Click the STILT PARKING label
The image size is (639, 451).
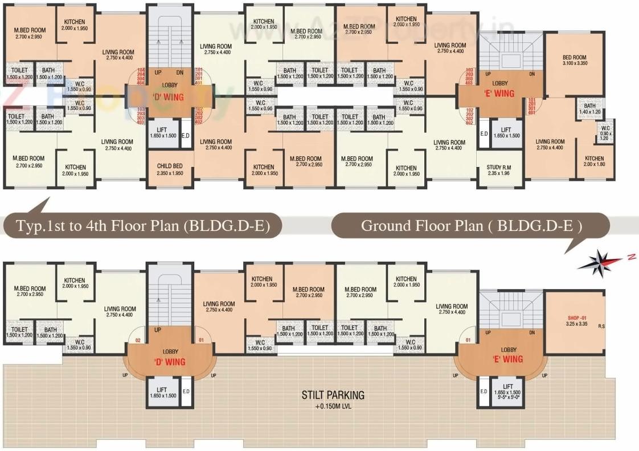333,395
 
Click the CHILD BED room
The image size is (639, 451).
170,169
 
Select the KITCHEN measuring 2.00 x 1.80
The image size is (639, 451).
594,161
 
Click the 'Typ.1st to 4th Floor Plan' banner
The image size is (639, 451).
142,226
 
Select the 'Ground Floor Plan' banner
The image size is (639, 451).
471,225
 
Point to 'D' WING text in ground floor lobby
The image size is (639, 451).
170,361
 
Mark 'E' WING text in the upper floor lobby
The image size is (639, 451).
503,93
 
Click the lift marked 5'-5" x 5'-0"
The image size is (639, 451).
507,391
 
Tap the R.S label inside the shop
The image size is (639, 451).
602,327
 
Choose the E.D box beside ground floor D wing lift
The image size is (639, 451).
185,392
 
